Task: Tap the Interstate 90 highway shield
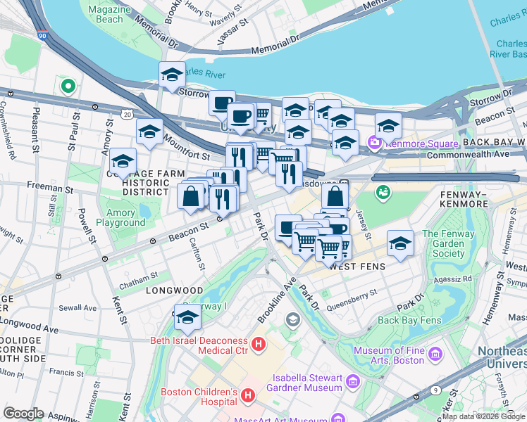[x=43, y=35]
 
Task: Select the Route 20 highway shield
[x=126, y=114]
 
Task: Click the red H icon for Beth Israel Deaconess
[x=259, y=345]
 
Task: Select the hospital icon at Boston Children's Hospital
[x=247, y=397]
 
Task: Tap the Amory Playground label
[x=120, y=217]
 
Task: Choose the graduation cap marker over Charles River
[x=172, y=75]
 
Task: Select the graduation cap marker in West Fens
[x=400, y=243]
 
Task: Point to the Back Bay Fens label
[x=409, y=320]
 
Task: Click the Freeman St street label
[x=49, y=189]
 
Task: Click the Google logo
[x=24, y=413]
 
